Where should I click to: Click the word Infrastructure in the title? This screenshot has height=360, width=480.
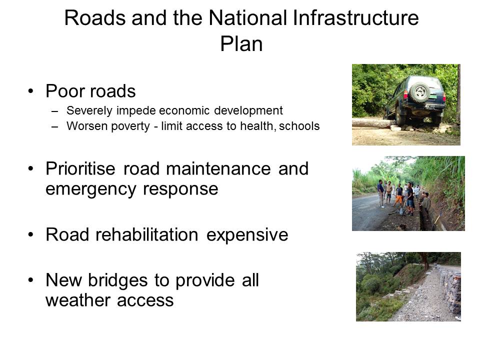pyautogui.click(x=355, y=18)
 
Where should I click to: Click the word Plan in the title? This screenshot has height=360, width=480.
pyautogui.click(x=241, y=44)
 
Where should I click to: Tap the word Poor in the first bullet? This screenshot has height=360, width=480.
pyautogui.click(x=64, y=91)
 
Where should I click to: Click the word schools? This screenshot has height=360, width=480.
pyautogui.click(x=299, y=126)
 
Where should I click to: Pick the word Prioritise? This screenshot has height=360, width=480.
pyautogui.click(x=80, y=168)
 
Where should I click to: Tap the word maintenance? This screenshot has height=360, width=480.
pyautogui.click(x=218, y=168)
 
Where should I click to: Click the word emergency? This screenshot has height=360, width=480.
pyautogui.click(x=90, y=189)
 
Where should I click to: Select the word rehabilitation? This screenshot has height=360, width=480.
pyautogui.click(x=146, y=235)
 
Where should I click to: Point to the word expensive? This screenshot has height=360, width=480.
pyautogui.click(x=247, y=235)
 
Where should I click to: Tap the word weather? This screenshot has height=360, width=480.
pyautogui.click(x=78, y=300)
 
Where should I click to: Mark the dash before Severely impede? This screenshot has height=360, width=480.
pyautogui.click(x=55, y=111)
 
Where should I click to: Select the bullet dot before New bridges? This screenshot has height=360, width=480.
pyautogui.click(x=30, y=280)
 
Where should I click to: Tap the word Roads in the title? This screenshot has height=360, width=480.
pyautogui.click(x=95, y=18)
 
